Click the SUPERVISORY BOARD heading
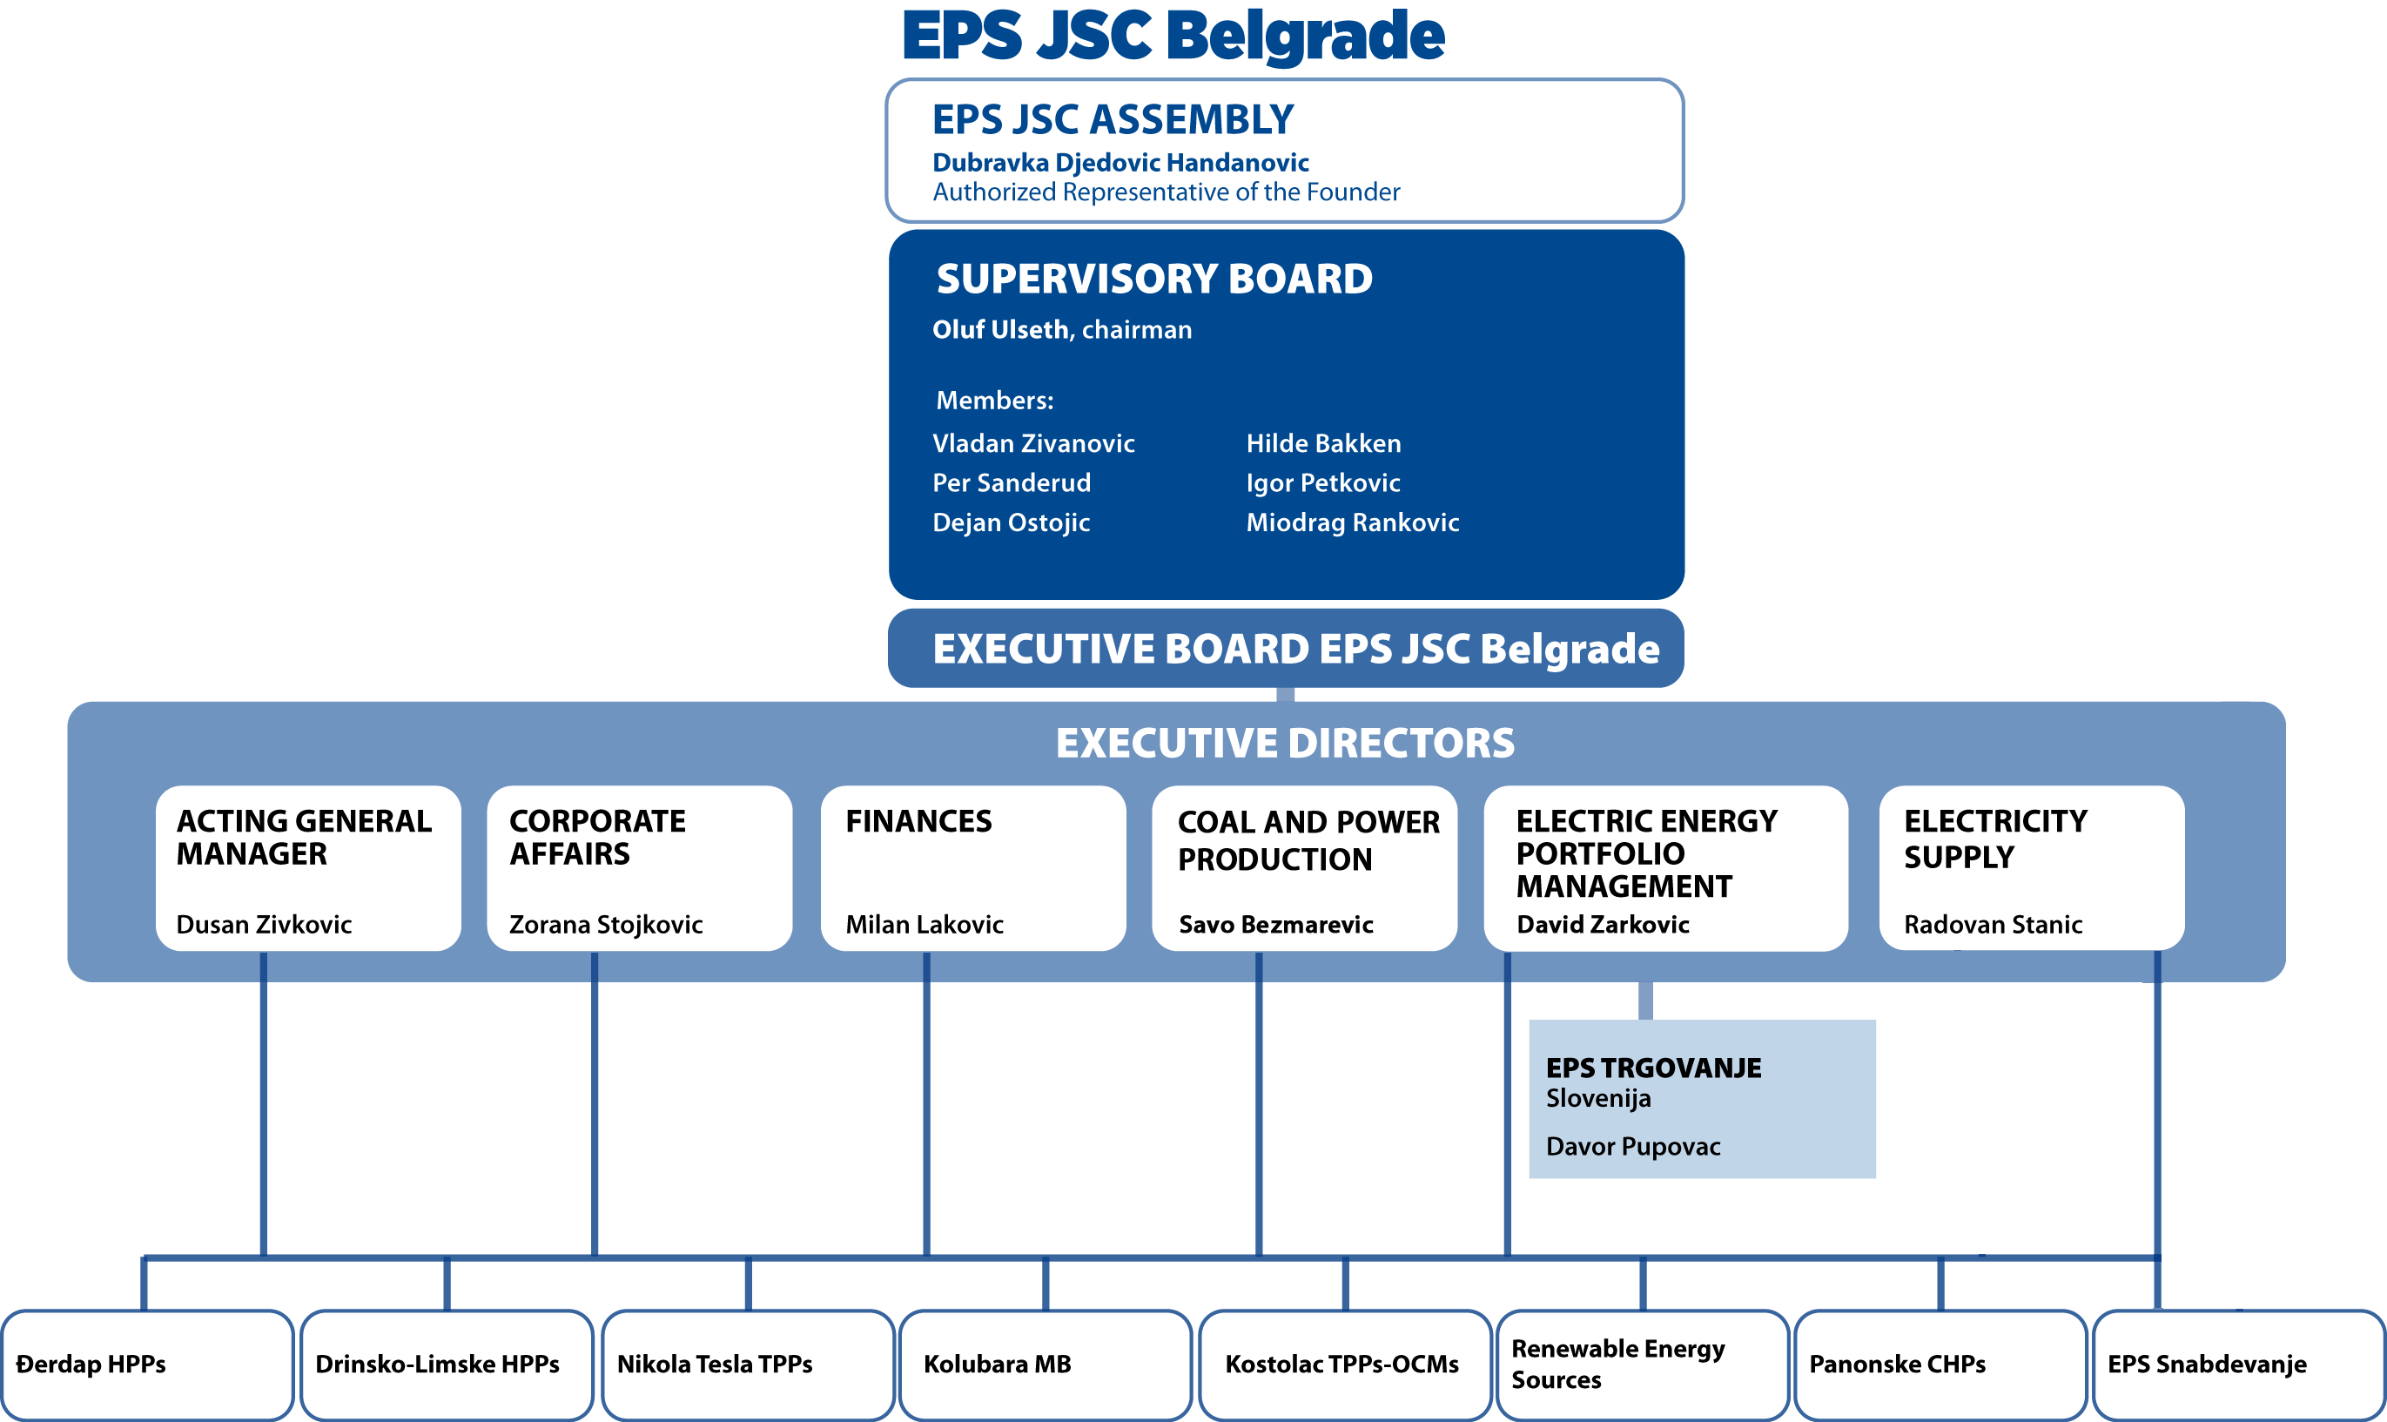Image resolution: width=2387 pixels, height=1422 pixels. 1154,279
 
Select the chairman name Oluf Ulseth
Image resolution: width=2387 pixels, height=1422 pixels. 1000,330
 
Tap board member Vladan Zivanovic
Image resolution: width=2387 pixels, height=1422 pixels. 1032,443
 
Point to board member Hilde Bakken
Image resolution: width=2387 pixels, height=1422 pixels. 1323,443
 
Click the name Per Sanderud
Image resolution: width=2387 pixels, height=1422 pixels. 1012,483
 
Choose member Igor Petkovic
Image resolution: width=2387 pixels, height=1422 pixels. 1323,483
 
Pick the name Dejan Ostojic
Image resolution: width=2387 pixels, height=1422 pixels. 1012,522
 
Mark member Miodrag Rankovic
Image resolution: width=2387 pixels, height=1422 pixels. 1353,522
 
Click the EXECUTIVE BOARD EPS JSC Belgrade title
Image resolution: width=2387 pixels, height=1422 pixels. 1296,649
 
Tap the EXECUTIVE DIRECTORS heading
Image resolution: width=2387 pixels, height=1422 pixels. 1286,743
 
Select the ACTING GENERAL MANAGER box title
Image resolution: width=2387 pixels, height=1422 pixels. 304,837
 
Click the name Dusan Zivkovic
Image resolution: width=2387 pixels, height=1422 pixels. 264,925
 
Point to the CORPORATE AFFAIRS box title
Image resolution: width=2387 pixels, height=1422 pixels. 597,837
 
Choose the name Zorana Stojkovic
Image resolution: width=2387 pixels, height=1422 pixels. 605,925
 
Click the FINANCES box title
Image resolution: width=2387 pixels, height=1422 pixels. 918,821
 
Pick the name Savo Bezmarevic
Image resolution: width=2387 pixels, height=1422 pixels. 1276,925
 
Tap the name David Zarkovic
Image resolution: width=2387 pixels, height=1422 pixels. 1603,925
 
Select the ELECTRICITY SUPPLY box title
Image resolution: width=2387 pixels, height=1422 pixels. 1995,839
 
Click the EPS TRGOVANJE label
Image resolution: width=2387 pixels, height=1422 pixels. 1653,1068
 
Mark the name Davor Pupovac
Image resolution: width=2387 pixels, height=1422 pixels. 1633,1147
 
